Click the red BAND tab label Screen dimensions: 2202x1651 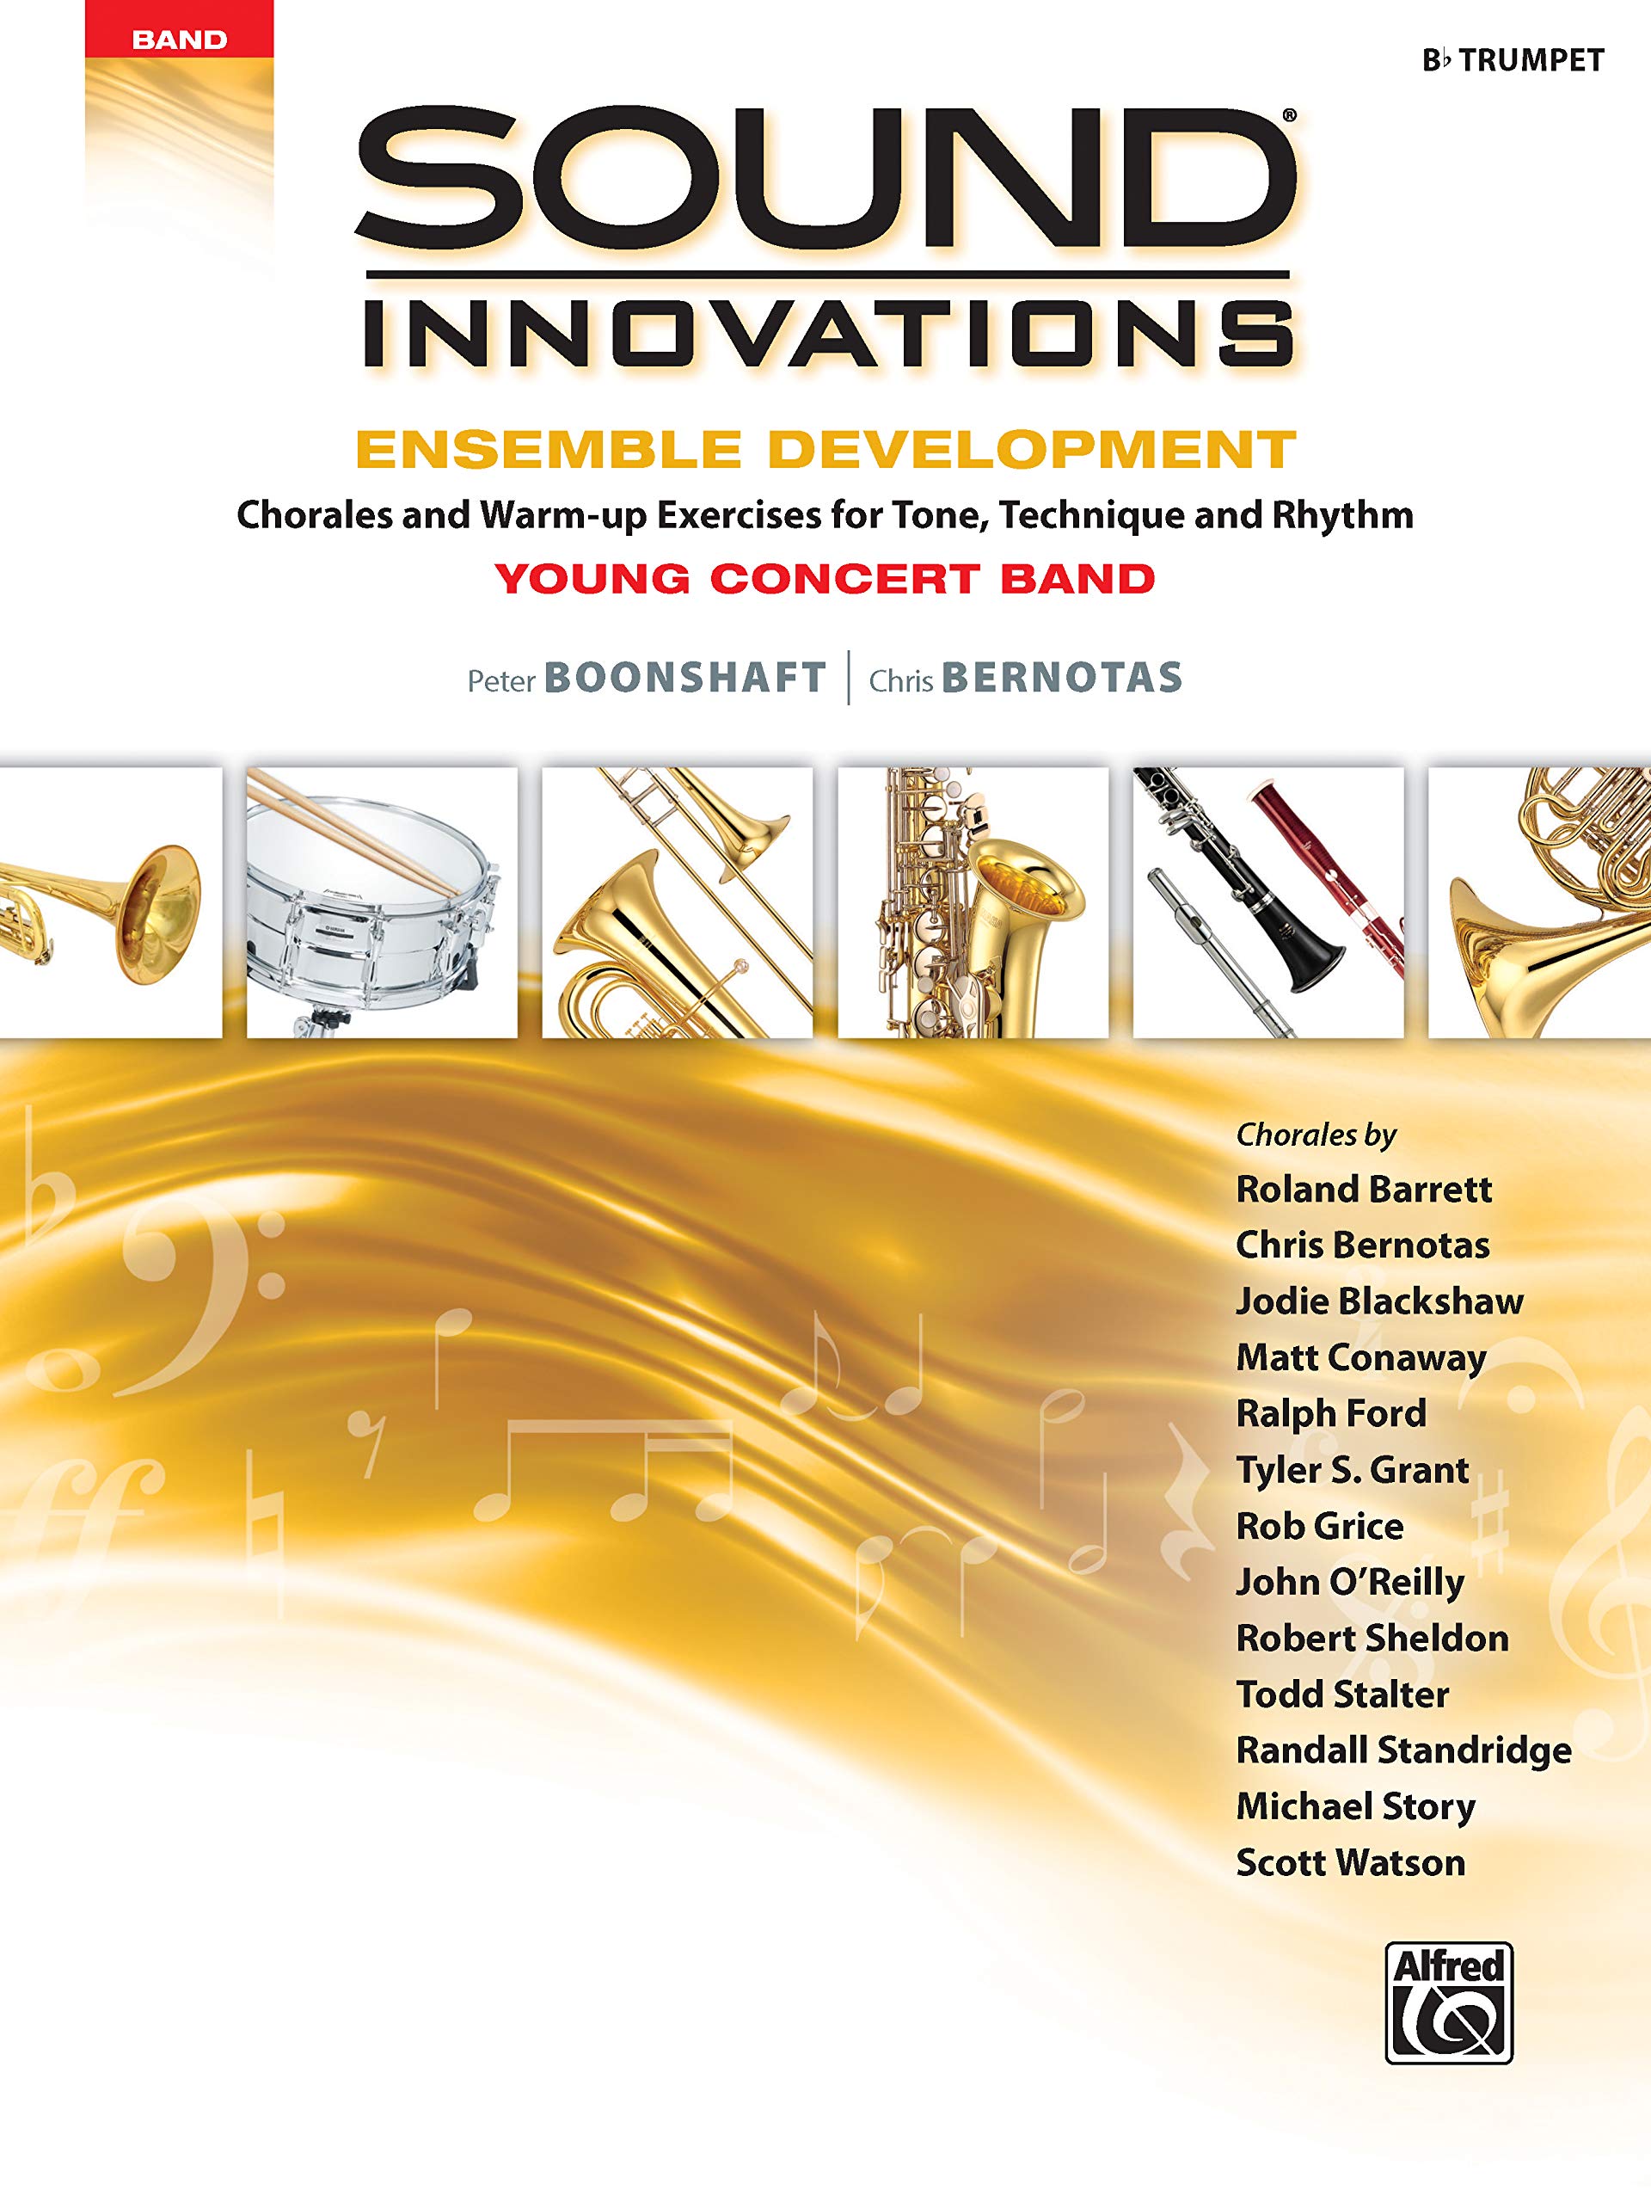tap(179, 40)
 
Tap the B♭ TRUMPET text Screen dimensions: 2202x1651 tap(1513, 61)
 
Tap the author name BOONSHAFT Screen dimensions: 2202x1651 tap(684, 678)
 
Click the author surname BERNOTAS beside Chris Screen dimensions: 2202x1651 tap(1061, 678)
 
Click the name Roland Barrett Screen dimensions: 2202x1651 tap(1364, 1190)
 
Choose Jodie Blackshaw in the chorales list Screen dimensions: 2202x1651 tap(1379, 1301)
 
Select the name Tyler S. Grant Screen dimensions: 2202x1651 tap(1353, 1469)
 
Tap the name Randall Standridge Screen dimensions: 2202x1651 tap(1403, 1750)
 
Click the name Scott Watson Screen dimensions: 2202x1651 tap(1350, 1862)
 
